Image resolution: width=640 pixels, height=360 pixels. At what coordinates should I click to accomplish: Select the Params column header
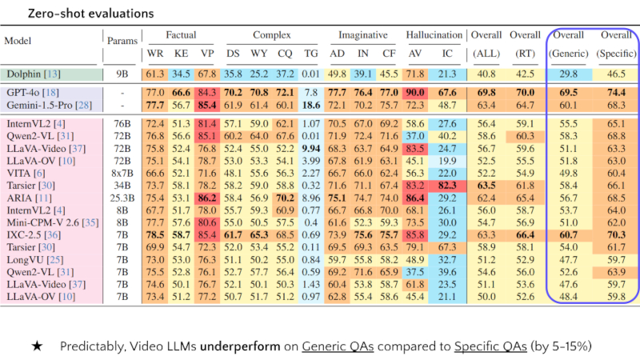[x=122, y=38]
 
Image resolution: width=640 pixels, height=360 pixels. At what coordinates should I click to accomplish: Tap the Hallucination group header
[x=434, y=35]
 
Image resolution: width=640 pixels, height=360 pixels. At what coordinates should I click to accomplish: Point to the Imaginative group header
[x=362, y=35]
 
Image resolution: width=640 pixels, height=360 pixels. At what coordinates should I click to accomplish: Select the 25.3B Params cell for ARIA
[x=122, y=197]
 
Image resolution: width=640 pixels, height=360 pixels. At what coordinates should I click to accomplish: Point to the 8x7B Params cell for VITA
[x=122, y=173]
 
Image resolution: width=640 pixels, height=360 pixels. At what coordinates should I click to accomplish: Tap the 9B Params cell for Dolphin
[x=122, y=74]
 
